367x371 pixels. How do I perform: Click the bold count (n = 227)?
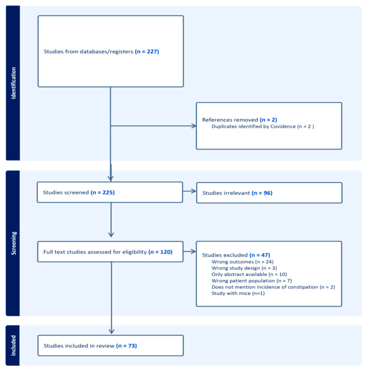click(147, 52)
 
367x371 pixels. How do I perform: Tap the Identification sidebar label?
click(14, 83)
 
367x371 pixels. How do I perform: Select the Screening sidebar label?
click(14, 243)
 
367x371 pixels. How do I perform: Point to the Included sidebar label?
click(14, 345)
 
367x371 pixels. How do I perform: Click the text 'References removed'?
click(230, 120)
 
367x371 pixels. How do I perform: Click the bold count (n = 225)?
click(103, 193)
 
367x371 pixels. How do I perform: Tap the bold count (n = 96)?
click(262, 193)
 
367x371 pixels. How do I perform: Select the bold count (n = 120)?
click(160, 252)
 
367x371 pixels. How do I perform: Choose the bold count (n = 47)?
click(260, 255)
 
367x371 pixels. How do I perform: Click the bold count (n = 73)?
click(126, 346)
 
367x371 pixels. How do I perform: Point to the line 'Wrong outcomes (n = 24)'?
click(242, 262)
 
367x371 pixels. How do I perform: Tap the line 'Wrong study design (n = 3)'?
click(244, 268)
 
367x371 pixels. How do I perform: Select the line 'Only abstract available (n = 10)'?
click(249, 274)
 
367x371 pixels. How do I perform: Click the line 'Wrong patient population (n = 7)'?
click(251, 281)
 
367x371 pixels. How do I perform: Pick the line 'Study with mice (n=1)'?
click(238, 293)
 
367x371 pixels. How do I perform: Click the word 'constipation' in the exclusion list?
click(303, 287)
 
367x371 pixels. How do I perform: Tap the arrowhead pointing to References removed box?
click(194, 126)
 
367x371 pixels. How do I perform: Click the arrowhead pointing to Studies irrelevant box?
click(194, 191)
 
